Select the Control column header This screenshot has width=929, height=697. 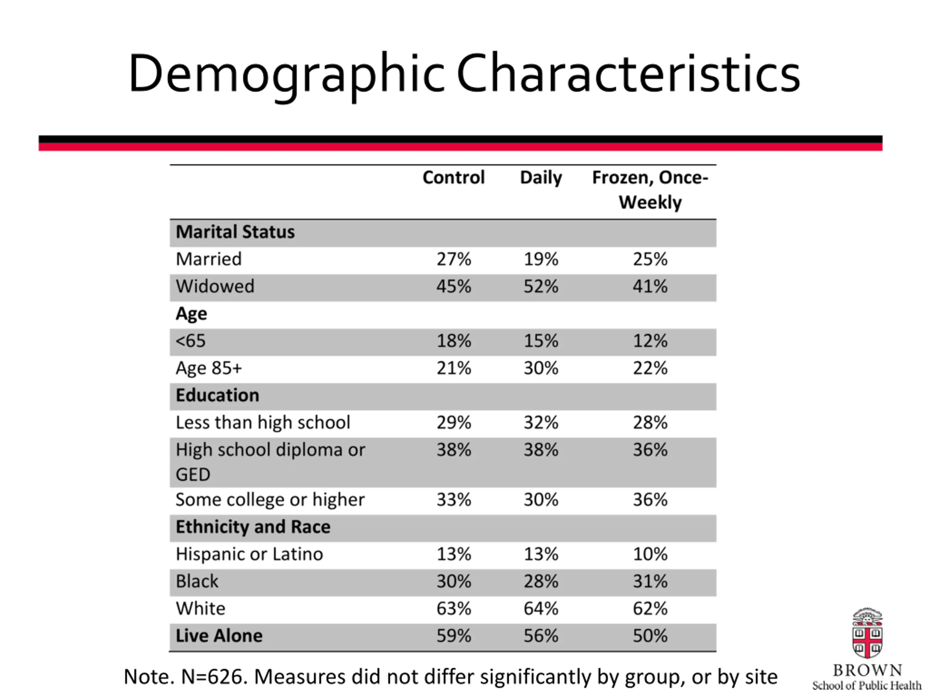(454, 177)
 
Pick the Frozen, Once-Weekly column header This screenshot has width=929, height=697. (650, 190)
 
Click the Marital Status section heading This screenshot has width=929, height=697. (235, 232)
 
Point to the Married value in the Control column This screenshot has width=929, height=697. (454, 259)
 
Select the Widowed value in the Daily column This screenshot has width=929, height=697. (541, 286)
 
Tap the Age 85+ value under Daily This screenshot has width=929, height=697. (541, 368)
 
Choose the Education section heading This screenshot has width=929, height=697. (217, 395)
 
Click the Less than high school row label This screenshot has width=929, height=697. (263, 423)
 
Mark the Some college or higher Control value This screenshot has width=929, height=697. (454, 500)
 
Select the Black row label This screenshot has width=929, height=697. (197, 582)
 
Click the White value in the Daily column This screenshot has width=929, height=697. (541, 609)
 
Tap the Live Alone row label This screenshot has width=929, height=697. (219, 636)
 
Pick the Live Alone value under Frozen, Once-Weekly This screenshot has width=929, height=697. (650, 636)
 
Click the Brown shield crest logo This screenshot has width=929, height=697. (867, 634)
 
